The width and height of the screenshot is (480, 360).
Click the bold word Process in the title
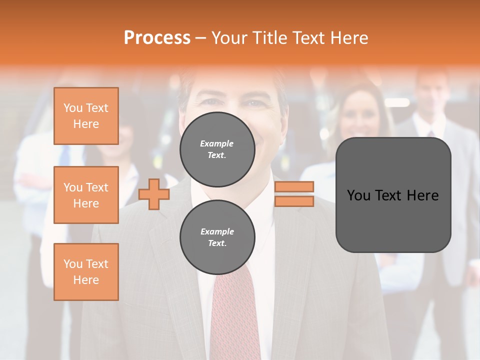157,38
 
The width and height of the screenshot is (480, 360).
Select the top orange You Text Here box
86,116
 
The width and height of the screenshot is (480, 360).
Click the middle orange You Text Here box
86,195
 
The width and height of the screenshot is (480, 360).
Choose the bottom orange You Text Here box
86,272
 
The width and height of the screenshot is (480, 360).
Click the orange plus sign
154,194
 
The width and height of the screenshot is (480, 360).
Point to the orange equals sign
294,194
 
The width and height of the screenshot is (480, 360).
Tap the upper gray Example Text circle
217,149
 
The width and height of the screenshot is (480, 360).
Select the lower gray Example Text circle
217,237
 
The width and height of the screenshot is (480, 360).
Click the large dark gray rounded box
393,194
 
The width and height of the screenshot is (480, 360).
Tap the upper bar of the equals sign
294,187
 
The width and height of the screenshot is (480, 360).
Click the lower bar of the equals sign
294,201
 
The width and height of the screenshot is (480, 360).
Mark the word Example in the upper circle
217,143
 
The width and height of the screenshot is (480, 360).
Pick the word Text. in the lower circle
217,243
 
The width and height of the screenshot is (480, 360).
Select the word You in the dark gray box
357,195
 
